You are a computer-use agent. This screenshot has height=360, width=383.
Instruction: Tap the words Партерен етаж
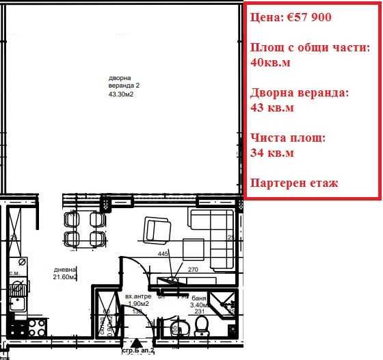pos(294,183)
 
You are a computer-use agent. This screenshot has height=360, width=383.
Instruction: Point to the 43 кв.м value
pos(272,107)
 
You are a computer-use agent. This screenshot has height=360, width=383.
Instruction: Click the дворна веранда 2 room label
pos(124,81)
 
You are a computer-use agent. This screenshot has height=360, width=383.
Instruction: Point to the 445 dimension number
pos(163,254)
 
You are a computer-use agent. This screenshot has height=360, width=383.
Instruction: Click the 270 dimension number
pos(193,270)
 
